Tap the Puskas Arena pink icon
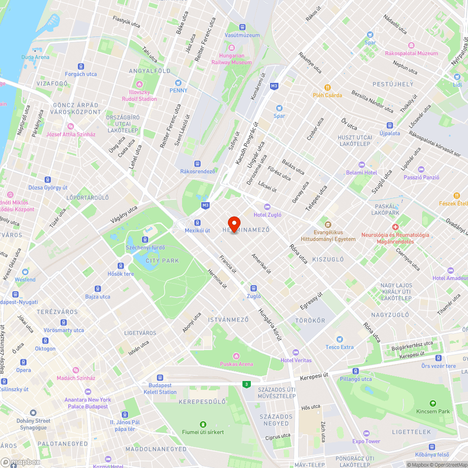pos(236,356)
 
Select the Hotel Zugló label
pos(267,215)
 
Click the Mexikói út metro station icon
pos(197,223)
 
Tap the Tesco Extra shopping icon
pos(340,339)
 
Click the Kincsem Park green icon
pos(432,403)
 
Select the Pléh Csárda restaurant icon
pos(328,87)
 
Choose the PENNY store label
pos(178,90)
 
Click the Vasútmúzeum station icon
pos(242,27)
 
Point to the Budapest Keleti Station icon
pos(160,377)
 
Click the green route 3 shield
pos(246,384)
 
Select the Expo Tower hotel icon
pos(366,433)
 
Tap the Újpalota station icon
pos(389,125)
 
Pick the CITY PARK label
pos(162,261)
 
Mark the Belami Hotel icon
pos(361,165)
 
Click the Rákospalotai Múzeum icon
pos(411,45)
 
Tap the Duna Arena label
pos(35,57)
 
